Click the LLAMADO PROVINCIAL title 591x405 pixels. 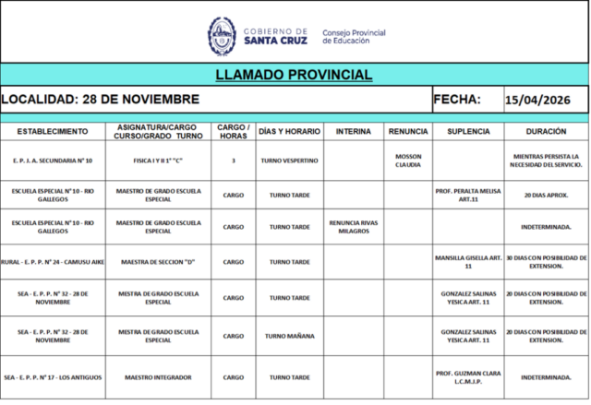tap(294, 75)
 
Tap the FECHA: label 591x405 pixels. tap(457, 100)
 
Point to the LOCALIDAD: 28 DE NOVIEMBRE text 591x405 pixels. tap(100, 100)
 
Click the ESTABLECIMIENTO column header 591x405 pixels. tap(53, 131)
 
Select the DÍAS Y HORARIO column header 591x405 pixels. tap(289, 131)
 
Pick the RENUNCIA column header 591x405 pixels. tap(408, 131)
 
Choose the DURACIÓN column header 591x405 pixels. tap(546, 131)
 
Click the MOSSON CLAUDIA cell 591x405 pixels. tap(408, 161)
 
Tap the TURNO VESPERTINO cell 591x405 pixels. tap(289, 161)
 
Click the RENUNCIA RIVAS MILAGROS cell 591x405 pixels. tap(354, 227)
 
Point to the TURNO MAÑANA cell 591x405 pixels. tap(289, 336)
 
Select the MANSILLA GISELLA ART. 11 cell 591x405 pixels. tap(468, 262)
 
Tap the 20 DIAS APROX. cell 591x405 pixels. tap(546, 196)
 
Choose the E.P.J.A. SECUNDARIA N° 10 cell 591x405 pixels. tap(53, 161)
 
